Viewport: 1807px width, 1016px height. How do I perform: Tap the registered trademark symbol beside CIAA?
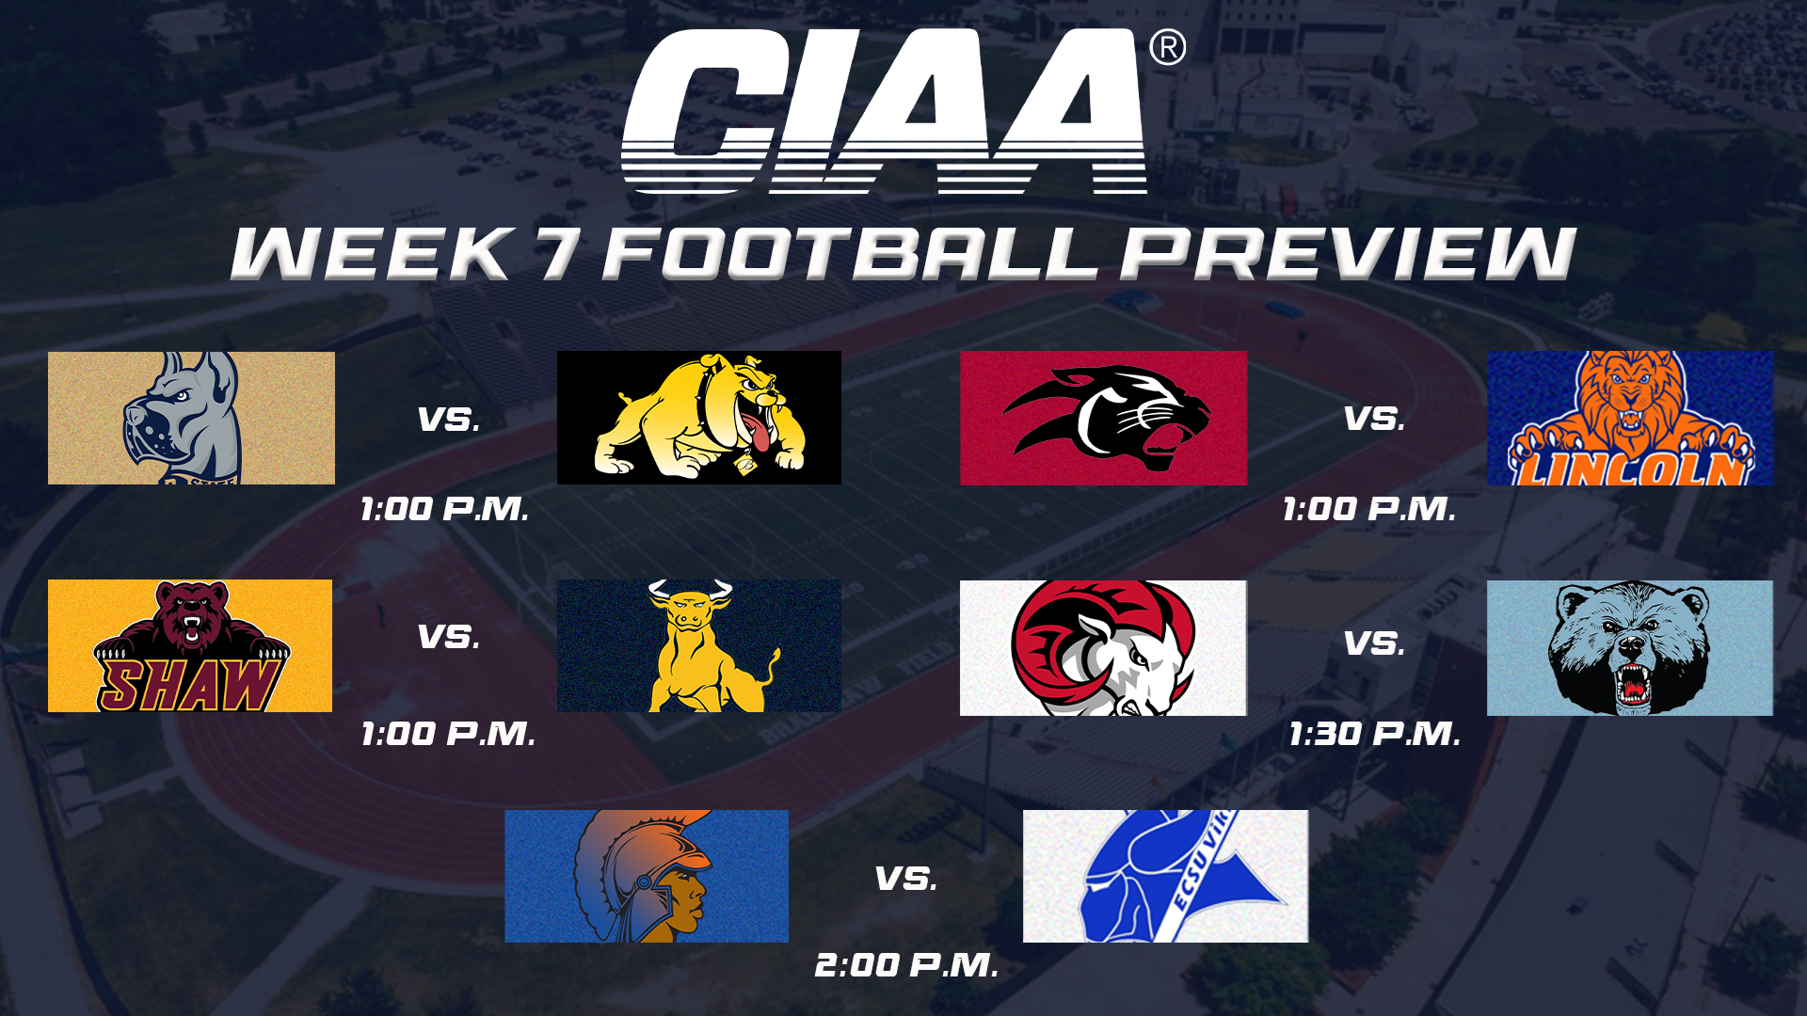tap(1167, 47)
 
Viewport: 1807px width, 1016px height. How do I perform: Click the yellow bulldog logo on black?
tap(699, 418)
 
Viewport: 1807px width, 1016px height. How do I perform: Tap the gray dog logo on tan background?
tap(191, 418)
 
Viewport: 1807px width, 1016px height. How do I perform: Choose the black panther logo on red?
tap(1103, 418)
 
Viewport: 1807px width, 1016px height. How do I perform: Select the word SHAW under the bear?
tap(188, 685)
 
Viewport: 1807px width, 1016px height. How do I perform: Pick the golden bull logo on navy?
tap(699, 646)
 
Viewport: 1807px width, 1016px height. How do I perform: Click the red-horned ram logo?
tap(1103, 647)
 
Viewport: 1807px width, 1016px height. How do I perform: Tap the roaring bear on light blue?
tap(1629, 647)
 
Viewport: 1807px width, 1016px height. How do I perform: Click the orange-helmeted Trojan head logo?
tap(647, 876)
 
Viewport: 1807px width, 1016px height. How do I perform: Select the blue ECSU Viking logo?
tap(1165, 876)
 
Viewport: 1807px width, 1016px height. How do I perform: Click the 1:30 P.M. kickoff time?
tap(1374, 734)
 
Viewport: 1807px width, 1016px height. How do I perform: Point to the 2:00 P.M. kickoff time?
tap(905, 965)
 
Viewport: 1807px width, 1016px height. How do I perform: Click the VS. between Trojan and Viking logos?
tap(905, 879)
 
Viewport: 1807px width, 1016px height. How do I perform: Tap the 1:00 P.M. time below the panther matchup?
tap(1369, 509)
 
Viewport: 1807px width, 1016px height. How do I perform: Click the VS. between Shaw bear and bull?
tap(449, 637)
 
